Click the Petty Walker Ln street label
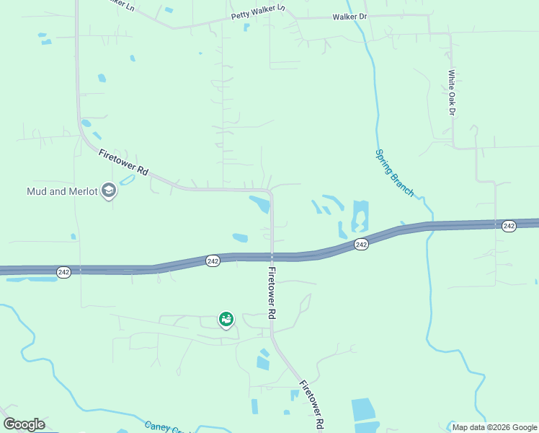pyautogui.click(x=258, y=12)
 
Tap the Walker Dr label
pyautogui.click(x=349, y=17)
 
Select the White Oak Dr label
pyautogui.click(x=452, y=92)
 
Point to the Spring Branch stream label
pyautogui.click(x=394, y=172)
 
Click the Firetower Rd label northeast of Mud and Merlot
pyautogui.click(x=123, y=162)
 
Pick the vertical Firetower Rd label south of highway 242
pyautogui.click(x=272, y=294)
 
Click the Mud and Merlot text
pyautogui.click(x=61, y=191)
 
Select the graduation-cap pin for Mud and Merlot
pyautogui.click(x=109, y=191)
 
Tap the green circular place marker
pyautogui.click(x=226, y=318)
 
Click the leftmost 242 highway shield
pyautogui.click(x=64, y=272)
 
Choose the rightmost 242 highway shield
pyautogui.click(x=509, y=226)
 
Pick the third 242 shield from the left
pyautogui.click(x=362, y=245)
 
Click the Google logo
pyautogui.click(x=24, y=424)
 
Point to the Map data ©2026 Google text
pyautogui.click(x=494, y=427)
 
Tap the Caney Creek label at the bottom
pyautogui.click(x=166, y=427)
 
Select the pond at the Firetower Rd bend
pyautogui.click(x=260, y=204)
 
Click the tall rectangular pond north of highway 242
pyautogui.click(x=360, y=216)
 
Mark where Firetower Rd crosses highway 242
pyautogui.click(x=272, y=257)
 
